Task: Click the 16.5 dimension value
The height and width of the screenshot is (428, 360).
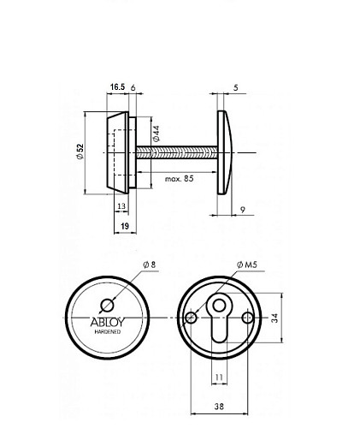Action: point(118,87)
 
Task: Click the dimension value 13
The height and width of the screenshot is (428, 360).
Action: point(122,206)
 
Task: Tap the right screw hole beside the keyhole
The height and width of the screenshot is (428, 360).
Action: point(247,318)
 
